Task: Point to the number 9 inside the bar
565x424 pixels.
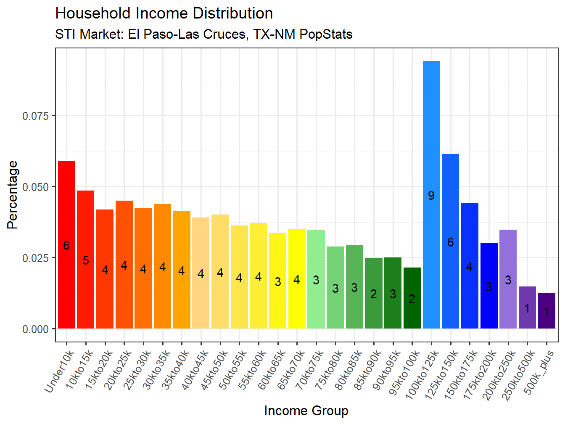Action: [431, 196]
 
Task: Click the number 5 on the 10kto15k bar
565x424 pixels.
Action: [86, 260]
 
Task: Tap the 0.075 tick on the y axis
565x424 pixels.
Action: [36, 116]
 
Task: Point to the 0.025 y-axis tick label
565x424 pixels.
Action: [36, 258]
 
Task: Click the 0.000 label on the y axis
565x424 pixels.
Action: [36, 329]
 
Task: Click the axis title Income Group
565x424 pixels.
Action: [306, 411]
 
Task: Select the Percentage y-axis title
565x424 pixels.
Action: [13, 195]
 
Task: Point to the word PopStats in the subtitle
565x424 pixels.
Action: [326, 34]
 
